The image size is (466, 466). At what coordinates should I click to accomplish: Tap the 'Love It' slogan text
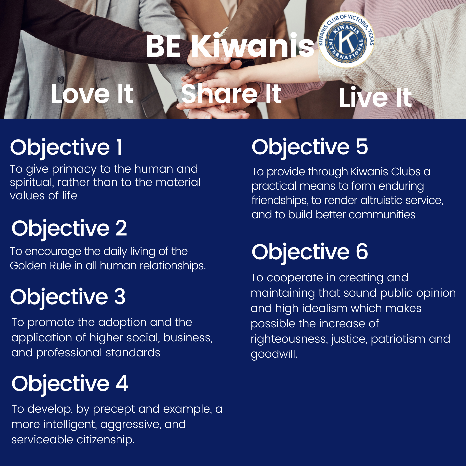[x=92, y=94]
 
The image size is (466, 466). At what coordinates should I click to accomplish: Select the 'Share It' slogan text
[x=231, y=94]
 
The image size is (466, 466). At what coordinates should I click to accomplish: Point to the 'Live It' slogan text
[x=375, y=97]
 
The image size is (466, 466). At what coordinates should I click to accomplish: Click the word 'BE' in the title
[x=163, y=46]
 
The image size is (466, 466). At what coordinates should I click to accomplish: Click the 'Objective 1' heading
[x=67, y=147]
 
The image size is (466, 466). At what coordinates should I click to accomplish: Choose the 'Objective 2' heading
[x=69, y=228]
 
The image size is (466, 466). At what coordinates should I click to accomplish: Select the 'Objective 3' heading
[x=68, y=297]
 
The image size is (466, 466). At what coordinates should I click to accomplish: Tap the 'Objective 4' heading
[x=70, y=384]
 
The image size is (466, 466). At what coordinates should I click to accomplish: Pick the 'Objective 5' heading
[x=310, y=147]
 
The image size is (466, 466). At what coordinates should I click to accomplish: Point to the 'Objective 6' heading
[x=310, y=252]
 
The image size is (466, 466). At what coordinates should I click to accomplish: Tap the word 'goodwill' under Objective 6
[x=273, y=354]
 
